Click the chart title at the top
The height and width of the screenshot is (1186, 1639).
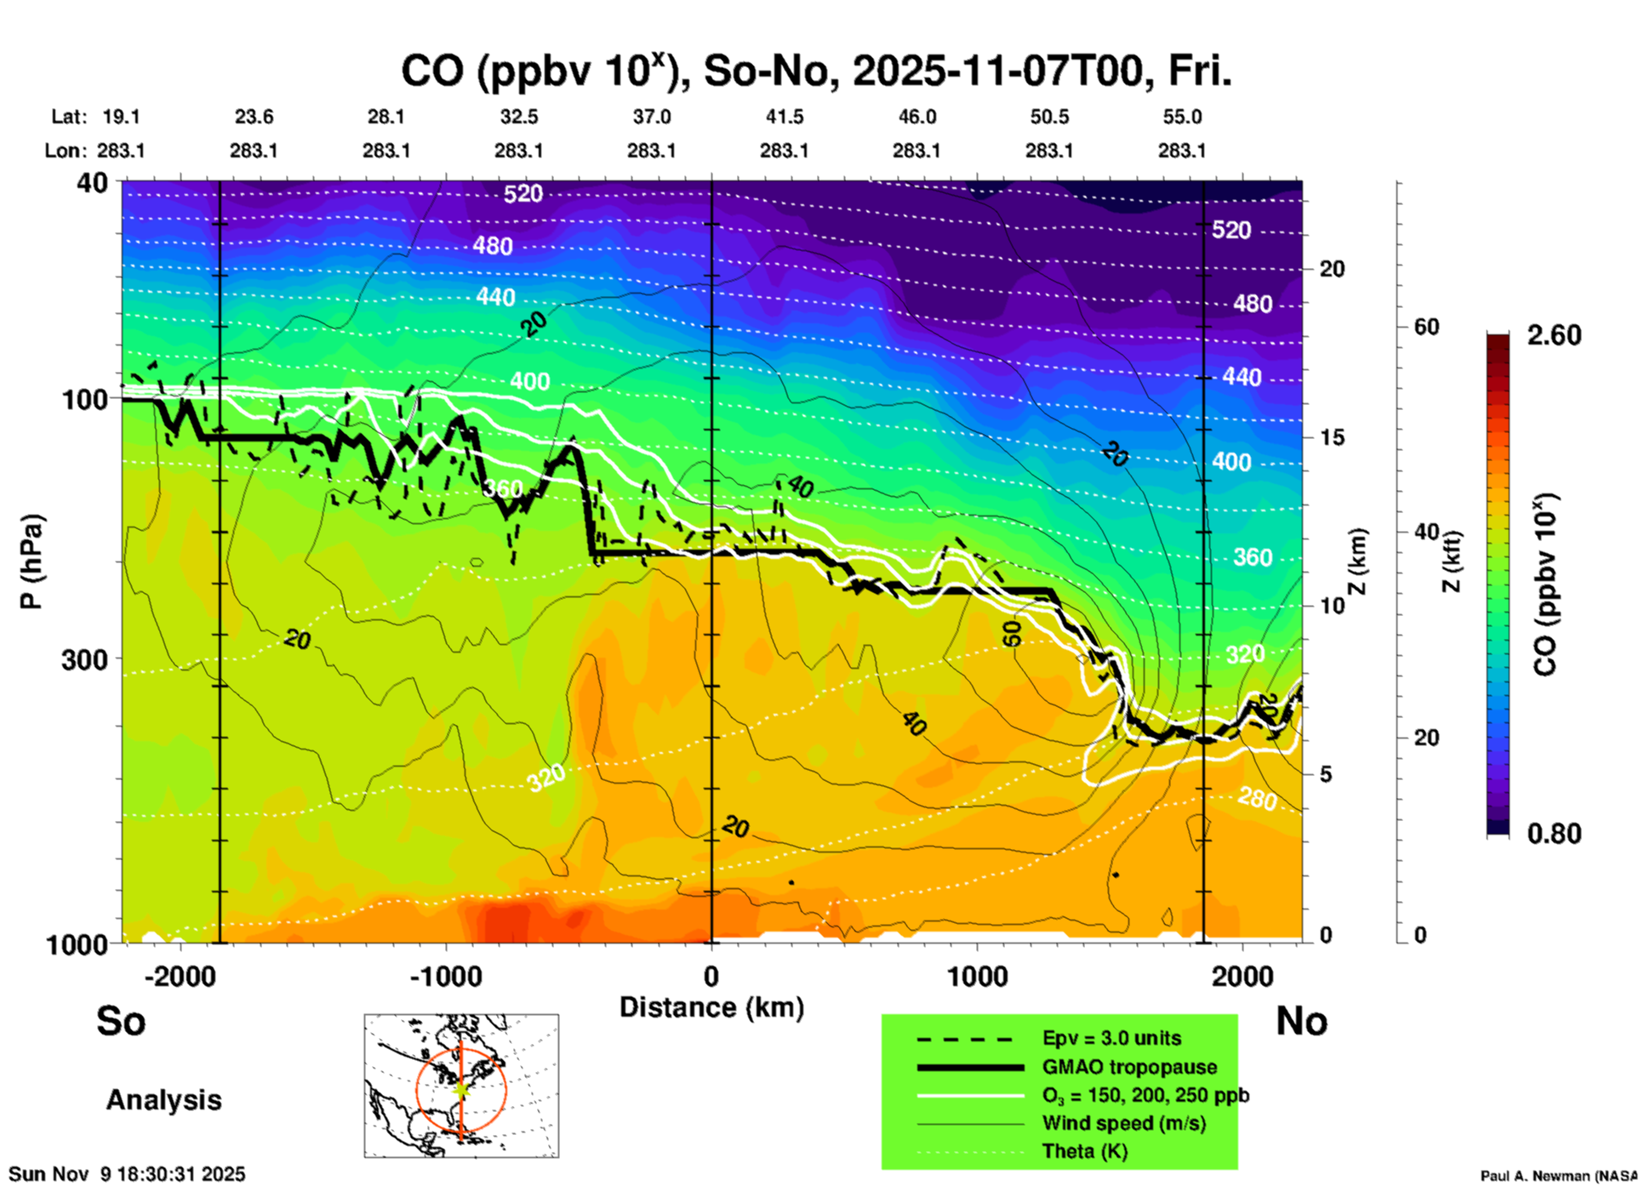point(815,71)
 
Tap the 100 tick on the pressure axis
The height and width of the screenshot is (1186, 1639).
point(84,399)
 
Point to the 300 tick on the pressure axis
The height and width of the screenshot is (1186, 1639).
point(84,659)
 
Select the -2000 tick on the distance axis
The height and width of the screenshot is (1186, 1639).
point(180,977)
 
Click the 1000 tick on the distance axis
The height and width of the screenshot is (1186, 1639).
point(977,977)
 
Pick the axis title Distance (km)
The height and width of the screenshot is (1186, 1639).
point(711,1007)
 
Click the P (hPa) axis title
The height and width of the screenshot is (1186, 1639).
point(31,562)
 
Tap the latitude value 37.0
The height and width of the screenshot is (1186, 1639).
point(651,117)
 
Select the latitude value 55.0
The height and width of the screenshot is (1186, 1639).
point(1182,117)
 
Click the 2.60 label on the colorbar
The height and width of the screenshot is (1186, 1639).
point(1554,335)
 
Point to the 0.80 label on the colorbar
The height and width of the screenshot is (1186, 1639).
point(1554,834)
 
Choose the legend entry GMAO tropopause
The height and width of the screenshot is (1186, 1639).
point(1129,1067)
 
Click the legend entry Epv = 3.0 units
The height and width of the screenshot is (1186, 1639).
point(1111,1038)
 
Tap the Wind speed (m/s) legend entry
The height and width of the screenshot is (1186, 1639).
point(1123,1123)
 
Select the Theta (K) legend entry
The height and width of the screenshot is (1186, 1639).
point(1084,1151)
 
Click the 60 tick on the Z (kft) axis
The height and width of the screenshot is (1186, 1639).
point(1427,327)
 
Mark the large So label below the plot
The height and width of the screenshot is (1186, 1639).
point(121,1021)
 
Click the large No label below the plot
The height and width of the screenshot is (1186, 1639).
point(1301,1021)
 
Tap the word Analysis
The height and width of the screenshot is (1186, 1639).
point(163,1100)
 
